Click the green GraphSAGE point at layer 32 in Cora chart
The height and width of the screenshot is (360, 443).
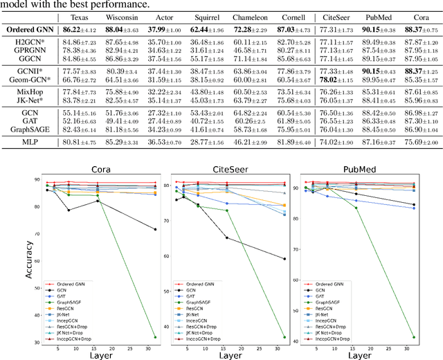154,337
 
